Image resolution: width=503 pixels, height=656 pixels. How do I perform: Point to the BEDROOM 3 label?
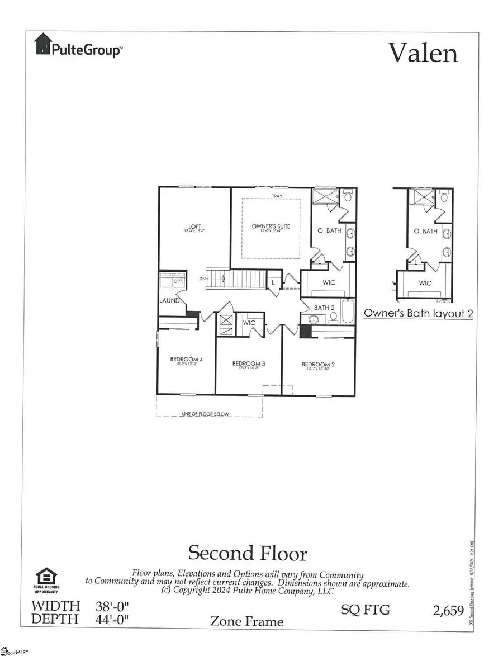click(x=248, y=364)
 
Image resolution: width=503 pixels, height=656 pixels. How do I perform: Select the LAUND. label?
click(x=169, y=300)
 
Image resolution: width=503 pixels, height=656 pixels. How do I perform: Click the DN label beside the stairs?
click(x=202, y=278)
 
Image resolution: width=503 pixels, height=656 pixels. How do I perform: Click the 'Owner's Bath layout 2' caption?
click(x=419, y=313)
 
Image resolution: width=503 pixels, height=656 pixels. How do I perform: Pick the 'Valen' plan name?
click(x=423, y=53)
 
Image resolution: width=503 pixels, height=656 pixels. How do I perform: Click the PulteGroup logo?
click(x=78, y=46)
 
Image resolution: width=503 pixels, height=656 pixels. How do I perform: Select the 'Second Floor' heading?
click(x=248, y=553)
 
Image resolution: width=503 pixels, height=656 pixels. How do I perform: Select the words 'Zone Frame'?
click(x=246, y=621)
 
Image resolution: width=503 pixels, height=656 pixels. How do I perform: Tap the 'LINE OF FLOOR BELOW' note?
click(x=205, y=414)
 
